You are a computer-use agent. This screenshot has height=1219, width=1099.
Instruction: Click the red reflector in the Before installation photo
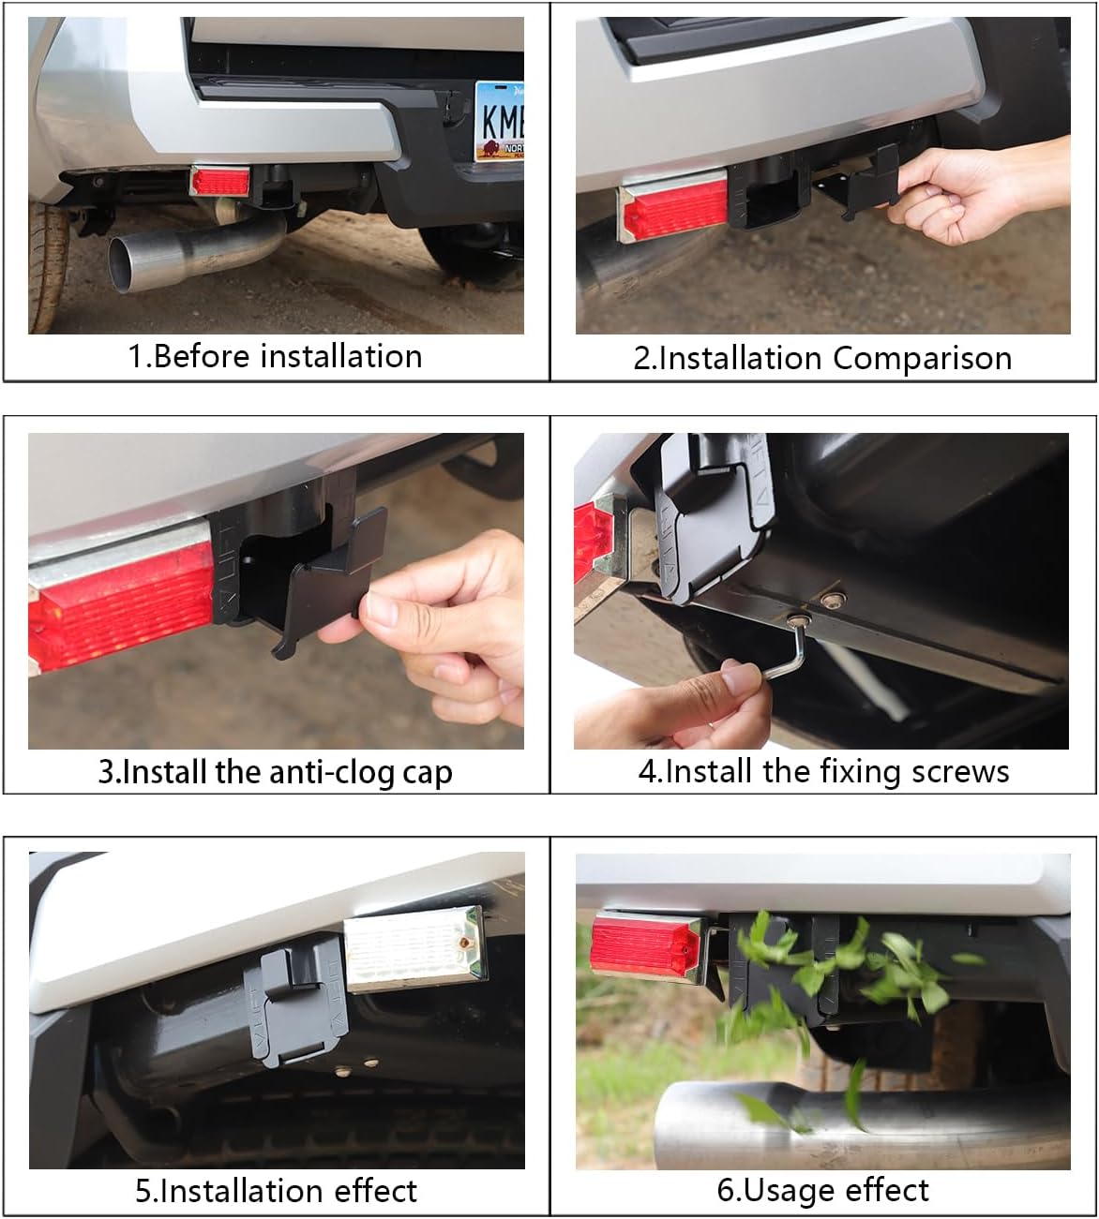click(219, 181)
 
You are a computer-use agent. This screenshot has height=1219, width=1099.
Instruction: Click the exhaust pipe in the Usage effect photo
click(844, 1124)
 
